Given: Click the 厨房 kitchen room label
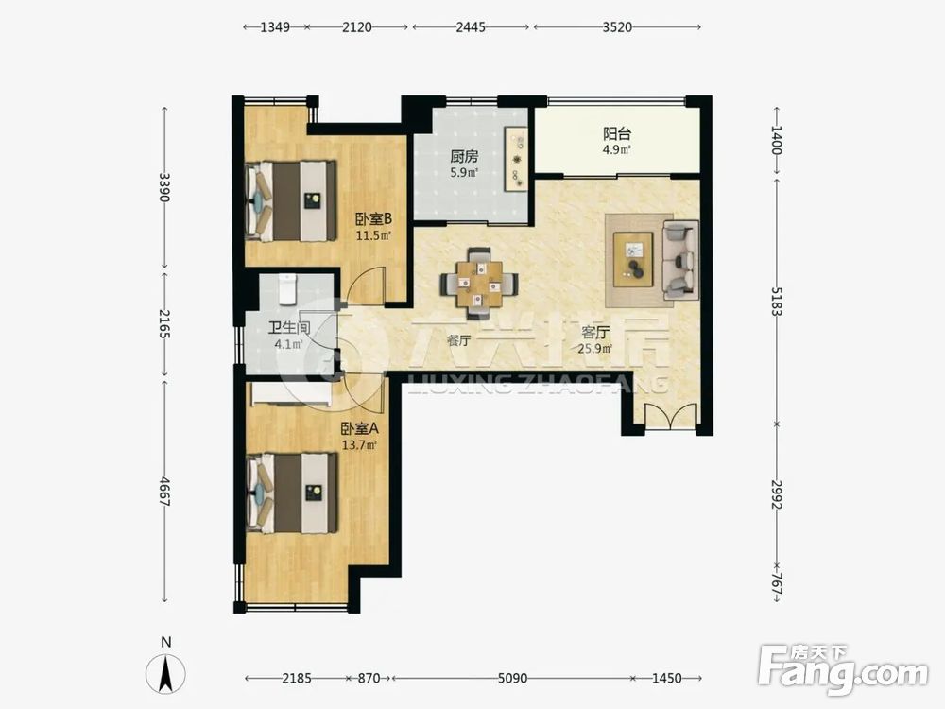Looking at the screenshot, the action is coord(464,157).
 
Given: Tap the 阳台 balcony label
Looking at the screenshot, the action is coord(617,134).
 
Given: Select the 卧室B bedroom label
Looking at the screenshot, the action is coord(373,218).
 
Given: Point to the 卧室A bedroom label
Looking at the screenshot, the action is coord(359,429).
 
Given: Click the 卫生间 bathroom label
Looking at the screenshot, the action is coord(289,328).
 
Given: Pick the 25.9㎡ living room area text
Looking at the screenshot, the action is coord(595,349).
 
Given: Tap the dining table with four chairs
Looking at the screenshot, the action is coord(479,283).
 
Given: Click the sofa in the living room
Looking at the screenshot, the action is coord(680,259).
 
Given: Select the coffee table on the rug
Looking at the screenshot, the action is coord(633,259).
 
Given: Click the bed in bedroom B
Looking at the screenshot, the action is coord(290,200).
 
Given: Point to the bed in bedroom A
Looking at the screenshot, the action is coord(291,493).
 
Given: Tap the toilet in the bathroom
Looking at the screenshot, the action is coord(287,289).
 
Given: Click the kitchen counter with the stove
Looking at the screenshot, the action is coord(517,159).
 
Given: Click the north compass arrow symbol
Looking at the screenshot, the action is coord(165,673).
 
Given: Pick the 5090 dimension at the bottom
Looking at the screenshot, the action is coord(512,678).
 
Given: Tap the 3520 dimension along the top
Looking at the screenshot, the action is coord(617,27).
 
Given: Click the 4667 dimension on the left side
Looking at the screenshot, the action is coord(164,492).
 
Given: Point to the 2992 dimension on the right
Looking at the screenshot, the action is coord(777,495).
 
